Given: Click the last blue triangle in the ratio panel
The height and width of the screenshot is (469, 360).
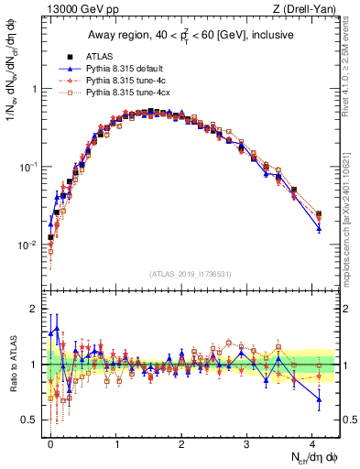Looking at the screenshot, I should pos(319,398).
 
